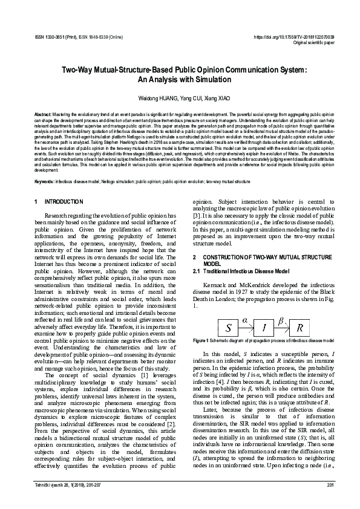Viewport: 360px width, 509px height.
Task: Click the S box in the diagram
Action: [229, 328]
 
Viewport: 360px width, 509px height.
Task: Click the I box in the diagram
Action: [264, 328]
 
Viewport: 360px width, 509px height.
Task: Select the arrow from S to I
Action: [246, 328]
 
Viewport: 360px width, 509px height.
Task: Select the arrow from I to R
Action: [281, 328]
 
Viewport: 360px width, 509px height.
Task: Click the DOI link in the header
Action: [298, 37]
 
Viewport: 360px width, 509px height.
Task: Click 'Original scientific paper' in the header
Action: [313, 43]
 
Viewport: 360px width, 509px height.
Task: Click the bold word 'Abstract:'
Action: [43, 114]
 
